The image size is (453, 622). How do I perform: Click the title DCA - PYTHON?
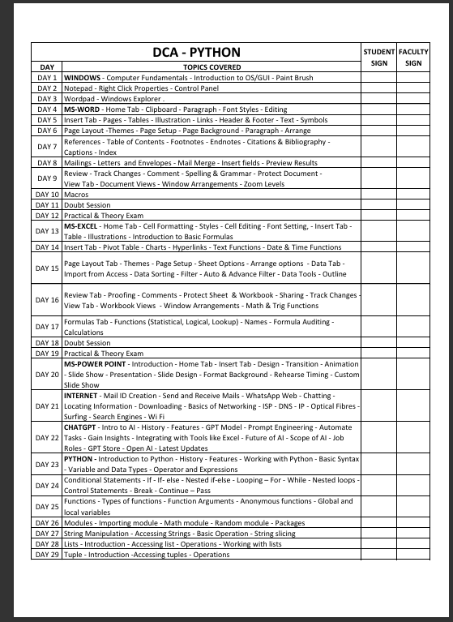[x=197, y=53]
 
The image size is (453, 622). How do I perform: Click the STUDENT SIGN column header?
[x=378, y=57]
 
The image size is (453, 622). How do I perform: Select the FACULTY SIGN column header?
[x=413, y=57]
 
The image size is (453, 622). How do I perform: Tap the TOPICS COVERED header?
[x=212, y=66]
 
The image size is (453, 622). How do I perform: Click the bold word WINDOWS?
[x=82, y=77]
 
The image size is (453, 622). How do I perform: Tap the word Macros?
[x=76, y=195]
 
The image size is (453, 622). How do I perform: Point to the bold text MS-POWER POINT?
[x=96, y=364]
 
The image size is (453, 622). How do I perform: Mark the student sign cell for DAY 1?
[x=378, y=77]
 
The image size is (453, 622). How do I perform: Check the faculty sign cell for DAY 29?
[x=413, y=555]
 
